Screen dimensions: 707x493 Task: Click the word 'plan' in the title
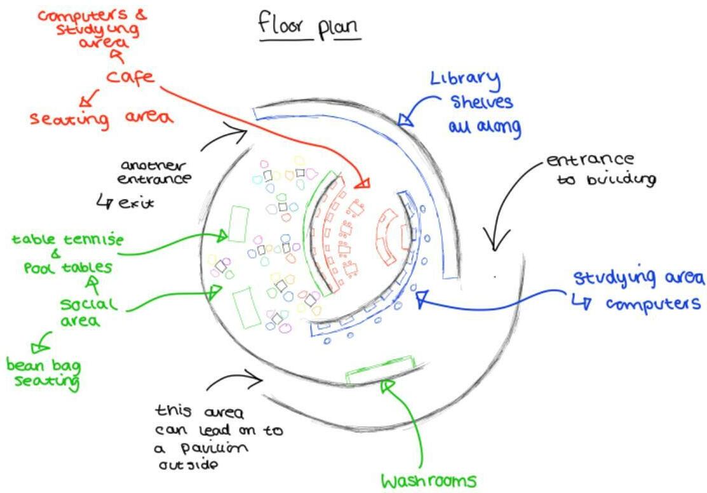[339, 27]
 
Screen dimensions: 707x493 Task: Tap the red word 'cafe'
[130, 77]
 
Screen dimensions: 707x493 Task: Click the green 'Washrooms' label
[428, 481]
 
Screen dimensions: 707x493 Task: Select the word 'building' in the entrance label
[621, 180]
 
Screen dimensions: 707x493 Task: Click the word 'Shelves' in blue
[481, 102]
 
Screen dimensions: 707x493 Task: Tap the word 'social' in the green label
[88, 304]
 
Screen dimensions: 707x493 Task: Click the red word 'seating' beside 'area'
[69, 119]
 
